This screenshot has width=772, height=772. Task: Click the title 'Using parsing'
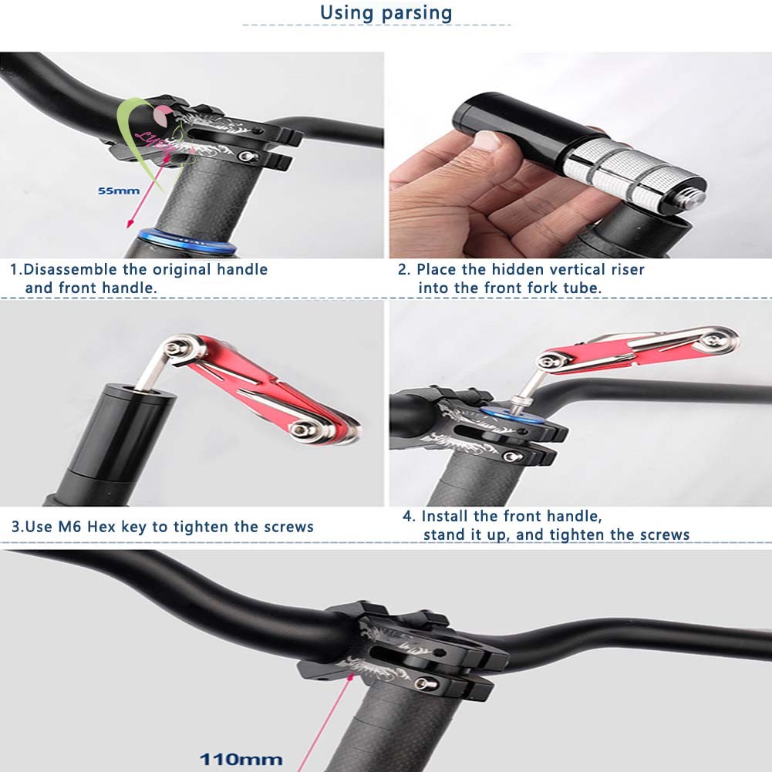[x=386, y=12]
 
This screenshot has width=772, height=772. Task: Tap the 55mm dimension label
[x=119, y=190]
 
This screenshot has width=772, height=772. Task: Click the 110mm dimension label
[x=241, y=759]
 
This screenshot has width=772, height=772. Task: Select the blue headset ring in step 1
[x=187, y=241]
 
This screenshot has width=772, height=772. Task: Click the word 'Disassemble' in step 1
[x=70, y=269]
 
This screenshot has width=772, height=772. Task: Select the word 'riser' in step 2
[x=628, y=269]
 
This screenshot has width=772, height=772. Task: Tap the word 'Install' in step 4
[x=445, y=516]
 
